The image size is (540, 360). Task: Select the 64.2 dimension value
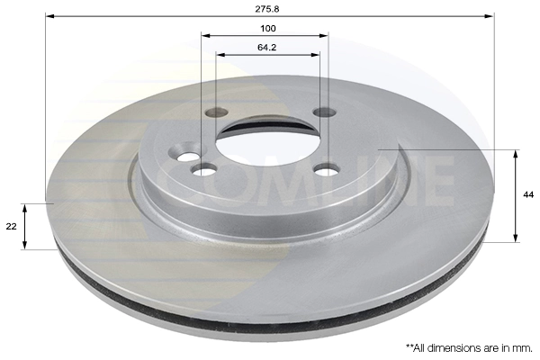[x=267, y=46]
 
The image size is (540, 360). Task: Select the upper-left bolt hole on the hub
[x=215, y=113]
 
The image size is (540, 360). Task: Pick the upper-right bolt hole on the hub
[x=323, y=112]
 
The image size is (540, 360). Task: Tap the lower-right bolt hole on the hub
[x=327, y=168]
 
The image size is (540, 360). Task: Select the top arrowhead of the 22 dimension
[x=25, y=207]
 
